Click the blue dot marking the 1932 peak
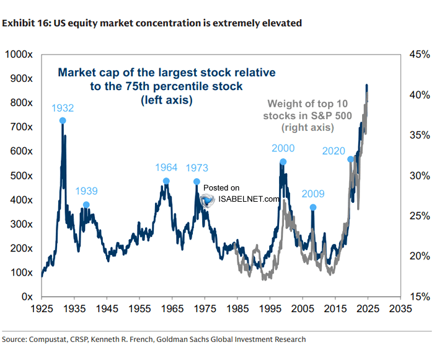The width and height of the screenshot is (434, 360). click(x=63, y=120)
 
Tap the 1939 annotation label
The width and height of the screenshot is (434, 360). click(x=86, y=191)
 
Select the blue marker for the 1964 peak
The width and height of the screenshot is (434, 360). click(x=166, y=181)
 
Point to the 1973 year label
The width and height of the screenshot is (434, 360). click(x=196, y=168)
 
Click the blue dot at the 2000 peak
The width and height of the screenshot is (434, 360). click(x=283, y=162)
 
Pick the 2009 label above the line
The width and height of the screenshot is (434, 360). click(x=313, y=193)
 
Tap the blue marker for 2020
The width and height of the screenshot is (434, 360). click(x=350, y=159)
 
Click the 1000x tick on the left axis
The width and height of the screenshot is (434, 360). click(x=19, y=55)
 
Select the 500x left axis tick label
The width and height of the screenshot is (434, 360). click(x=21, y=176)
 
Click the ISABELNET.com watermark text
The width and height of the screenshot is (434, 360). click(x=248, y=199)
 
